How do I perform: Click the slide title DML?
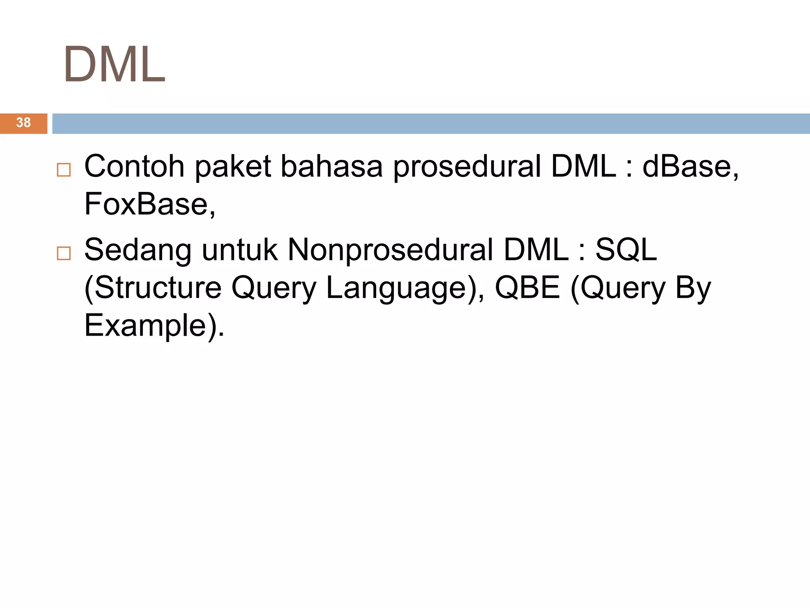click(114, 64)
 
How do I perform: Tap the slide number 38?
click(23, 123)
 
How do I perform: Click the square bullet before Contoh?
click(64, 170)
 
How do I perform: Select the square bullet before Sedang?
click(64, 253)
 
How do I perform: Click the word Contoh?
click(134, 166)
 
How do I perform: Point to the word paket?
click(233, 166)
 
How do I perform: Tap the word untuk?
click(240, 250)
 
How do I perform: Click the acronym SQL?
click(626, 250)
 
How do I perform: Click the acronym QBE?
click(528, 288)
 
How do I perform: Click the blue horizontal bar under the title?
click(431, 123)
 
